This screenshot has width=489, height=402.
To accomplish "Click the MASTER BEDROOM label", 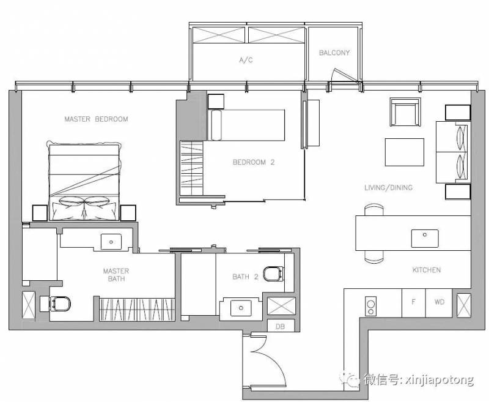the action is [x=96, y=119].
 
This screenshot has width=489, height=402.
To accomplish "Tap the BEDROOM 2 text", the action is [x=254, y=162].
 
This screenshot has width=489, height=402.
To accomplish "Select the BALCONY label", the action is [x=334, y=53].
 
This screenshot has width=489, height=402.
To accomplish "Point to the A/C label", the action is [x=246, y=60].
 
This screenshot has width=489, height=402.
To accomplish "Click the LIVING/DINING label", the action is [x=389, y=187].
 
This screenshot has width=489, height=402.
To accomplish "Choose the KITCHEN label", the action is [x=427, y=270].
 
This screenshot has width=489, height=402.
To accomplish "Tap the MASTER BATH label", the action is [x=116, y=275].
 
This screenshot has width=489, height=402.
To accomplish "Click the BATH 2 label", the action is [x=246, y=277].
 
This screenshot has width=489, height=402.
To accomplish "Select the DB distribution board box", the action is [x=281, y=326].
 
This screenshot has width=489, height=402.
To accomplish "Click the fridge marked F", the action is [x=414, y=303].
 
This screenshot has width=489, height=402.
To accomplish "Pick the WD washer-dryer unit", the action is [x=439, y=303].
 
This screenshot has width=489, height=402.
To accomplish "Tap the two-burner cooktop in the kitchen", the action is [x=370, y=306].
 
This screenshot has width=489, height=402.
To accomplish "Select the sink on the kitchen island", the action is [x=425, y=239].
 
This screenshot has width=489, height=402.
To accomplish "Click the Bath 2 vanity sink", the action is [x=241, y=308].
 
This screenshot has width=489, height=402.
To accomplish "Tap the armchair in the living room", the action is [x=405, y=112].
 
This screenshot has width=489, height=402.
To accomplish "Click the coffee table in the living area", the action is [x=405, y=152].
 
